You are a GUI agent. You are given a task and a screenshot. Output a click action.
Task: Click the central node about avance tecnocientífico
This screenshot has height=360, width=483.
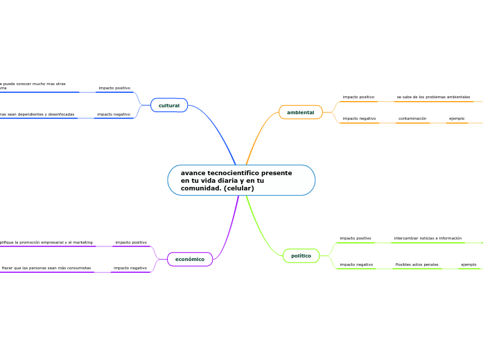tap(240, 180)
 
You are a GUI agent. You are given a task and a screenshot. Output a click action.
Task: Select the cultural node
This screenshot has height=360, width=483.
tap(169, 105)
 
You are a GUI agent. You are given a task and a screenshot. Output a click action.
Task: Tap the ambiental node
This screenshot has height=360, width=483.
tap(300, 112)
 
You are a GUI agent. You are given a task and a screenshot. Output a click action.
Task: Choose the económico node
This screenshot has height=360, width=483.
tap(189, 259)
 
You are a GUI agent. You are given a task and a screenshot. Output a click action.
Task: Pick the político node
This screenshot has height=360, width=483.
tap(301, 255)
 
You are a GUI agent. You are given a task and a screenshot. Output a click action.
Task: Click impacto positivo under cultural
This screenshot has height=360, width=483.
tap(114, 88)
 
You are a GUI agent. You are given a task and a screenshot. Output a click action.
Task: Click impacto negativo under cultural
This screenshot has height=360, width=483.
tap(113, 114)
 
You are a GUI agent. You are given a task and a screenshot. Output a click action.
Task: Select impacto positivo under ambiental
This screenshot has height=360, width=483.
tap(358, 97)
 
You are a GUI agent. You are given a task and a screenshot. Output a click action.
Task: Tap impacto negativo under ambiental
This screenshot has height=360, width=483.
tap(359, 118)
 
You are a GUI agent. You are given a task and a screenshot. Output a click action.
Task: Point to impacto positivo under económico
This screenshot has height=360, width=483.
tap(131, 242)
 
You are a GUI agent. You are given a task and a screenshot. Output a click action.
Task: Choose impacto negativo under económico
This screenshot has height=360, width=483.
tap(130, 268)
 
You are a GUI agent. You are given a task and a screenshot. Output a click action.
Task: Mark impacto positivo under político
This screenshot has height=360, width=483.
tap(355, 238)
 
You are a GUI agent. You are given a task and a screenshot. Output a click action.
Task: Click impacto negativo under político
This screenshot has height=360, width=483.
tap(356, 264)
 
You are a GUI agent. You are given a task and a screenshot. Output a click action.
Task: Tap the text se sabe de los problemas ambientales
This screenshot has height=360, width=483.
tap(433, 97)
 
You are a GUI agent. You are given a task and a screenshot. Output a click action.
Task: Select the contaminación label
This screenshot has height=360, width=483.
tap(412, 118)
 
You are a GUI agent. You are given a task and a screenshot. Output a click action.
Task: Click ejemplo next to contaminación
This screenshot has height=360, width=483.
tap(457, 118)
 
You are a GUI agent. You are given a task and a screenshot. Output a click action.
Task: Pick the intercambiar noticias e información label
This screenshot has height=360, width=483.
tap(428, 238)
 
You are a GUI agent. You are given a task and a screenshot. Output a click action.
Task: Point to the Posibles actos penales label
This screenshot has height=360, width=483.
tap(416, 264)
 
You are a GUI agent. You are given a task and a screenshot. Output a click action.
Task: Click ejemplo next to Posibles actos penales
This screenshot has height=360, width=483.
tap(469, 264)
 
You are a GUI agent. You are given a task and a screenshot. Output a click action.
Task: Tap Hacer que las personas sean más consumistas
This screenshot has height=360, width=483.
tap(46, 268)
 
